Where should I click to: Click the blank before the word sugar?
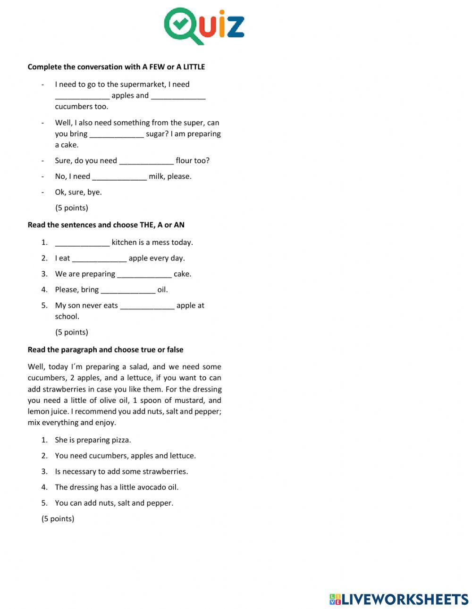coord(117,134)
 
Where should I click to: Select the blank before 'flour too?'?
coord(146,161)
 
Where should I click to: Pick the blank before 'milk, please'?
coord(119,177)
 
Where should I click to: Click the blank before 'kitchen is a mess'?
coord(82,243)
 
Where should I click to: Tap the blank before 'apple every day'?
coord(99,259)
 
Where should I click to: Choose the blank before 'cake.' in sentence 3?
coord(144,274)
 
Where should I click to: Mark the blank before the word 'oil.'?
coord(128,290)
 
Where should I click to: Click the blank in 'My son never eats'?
coord(147,306)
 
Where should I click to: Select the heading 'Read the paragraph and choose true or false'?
coord(105,350)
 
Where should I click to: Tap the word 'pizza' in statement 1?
coord(120,440)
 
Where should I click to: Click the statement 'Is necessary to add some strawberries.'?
coord(121,471)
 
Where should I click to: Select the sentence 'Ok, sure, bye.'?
coord(78,192)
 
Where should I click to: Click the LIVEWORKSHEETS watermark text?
coord(405,599)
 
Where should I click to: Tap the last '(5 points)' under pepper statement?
coord(58,519)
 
